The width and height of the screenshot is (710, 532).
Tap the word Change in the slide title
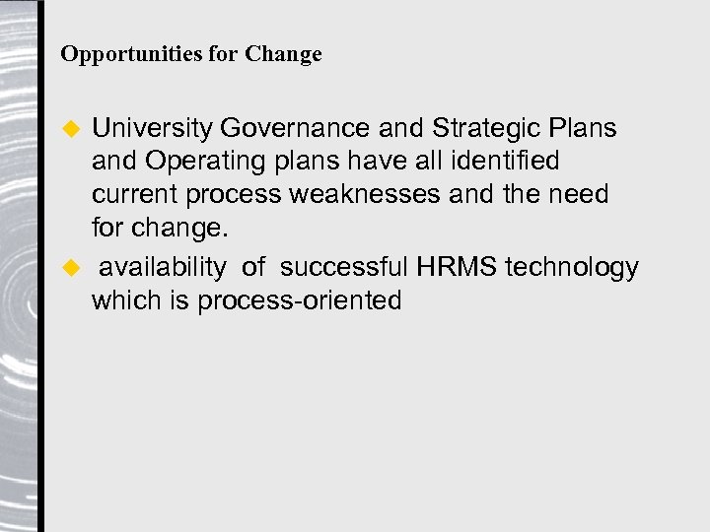(284, 54)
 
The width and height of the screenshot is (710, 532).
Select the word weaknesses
(364, 194)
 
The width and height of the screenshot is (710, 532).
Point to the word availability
(162, 267)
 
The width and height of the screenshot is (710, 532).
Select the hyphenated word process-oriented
(300, 300)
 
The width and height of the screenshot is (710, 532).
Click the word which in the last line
(123, 300)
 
